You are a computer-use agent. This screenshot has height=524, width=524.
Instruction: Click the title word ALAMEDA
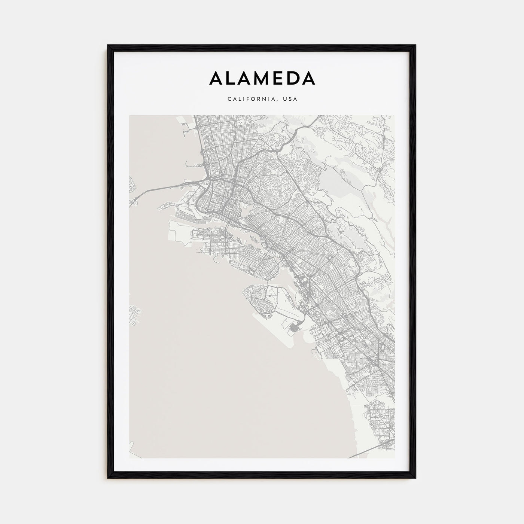pyautogui.click(x=262, y=78)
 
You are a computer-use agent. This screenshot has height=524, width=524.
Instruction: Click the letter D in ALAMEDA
pyautogui.click(x=292, y=78)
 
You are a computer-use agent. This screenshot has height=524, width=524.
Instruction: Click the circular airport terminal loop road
pyautogui.click(x=294, y=329)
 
